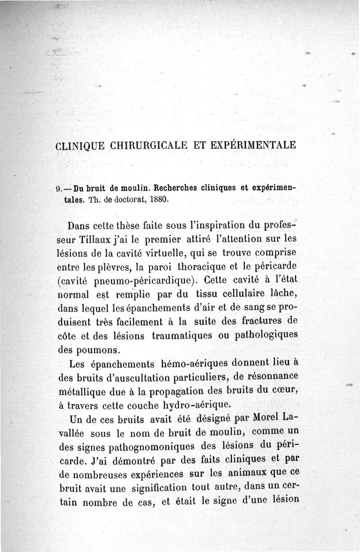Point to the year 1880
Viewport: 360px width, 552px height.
(159, 199)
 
